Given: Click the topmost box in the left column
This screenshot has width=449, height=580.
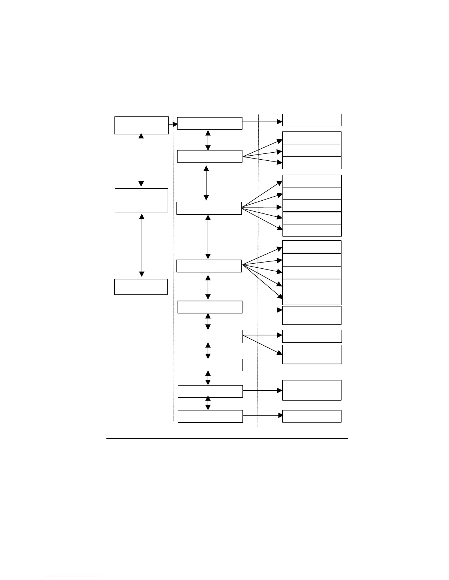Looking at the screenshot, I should coord(141,125).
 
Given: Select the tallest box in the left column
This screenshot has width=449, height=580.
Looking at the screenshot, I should coord(141,200).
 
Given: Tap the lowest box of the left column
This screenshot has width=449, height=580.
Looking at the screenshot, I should coord(141,287).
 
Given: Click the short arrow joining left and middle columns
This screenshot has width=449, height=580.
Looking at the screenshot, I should coord(173,124).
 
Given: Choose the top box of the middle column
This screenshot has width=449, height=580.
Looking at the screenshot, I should coord(209,123).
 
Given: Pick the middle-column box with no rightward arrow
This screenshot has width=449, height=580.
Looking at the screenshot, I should coord(210,365).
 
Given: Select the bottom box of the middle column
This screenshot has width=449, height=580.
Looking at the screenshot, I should coord(210,416).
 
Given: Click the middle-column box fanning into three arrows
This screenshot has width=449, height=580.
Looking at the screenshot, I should coord(209,156).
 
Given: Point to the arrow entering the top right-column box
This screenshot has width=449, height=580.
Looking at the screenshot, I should coord(262,121).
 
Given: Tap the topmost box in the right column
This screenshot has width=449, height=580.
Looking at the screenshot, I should coord(311,120).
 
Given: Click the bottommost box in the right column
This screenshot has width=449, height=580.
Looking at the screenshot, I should coord(311,416).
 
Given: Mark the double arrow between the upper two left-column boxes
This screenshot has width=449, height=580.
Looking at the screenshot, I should coord(141,160).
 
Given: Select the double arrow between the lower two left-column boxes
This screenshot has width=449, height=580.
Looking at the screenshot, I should coord(142,245).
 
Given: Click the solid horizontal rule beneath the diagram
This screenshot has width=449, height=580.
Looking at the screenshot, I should coord(227,438).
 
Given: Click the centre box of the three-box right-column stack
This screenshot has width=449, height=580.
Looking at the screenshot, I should coord(311,150).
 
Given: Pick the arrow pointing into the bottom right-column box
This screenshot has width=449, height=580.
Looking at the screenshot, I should coord(262,415).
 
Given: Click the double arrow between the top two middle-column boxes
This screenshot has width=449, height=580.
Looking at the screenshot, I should coord(208,140).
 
